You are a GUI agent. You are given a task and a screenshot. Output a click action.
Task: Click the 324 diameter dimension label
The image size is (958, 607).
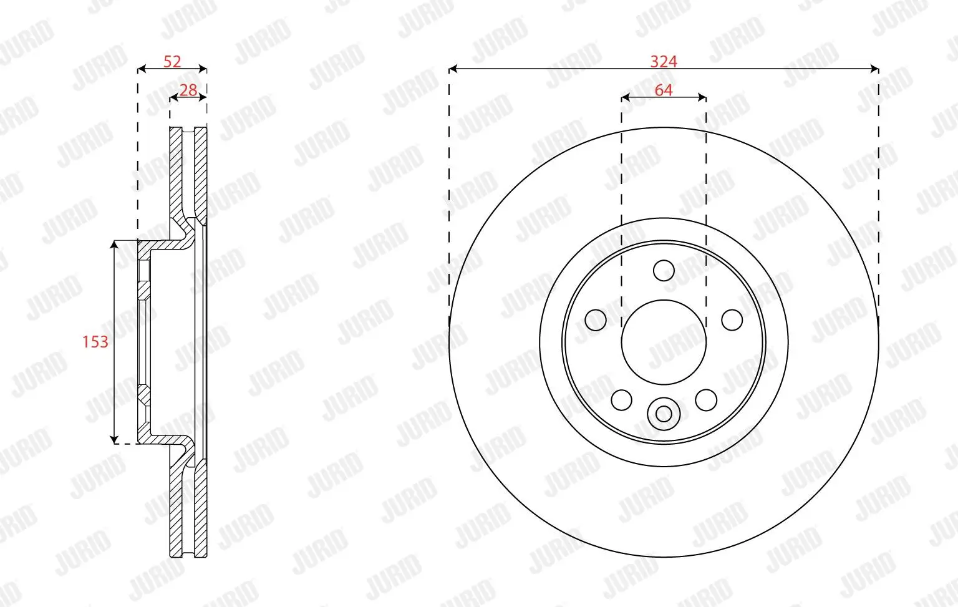point(664,61)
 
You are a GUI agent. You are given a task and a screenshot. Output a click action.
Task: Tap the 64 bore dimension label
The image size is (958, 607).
point(664,90)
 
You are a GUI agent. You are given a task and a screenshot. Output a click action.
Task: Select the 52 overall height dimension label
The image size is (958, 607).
point(172,61)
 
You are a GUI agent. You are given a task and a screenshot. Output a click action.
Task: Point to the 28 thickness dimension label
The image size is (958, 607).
point(188,90)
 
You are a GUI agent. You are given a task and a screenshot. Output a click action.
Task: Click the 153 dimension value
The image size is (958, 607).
point(95,342)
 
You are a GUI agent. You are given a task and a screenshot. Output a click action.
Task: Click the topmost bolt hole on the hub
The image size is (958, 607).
point(664,271)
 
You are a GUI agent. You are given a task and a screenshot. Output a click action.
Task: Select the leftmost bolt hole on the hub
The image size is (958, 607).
point(596,320)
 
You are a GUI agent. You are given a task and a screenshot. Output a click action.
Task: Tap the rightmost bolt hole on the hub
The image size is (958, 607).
point(732,320)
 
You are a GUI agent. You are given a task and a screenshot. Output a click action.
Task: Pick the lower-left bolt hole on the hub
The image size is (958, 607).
point(621,400)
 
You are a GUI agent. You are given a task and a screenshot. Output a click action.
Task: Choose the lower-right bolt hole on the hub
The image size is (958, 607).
point(706,400)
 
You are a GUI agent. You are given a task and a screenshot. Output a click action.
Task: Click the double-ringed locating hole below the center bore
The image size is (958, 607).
point(664,414)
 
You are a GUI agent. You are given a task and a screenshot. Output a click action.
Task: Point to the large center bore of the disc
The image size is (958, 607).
point(664,342)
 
